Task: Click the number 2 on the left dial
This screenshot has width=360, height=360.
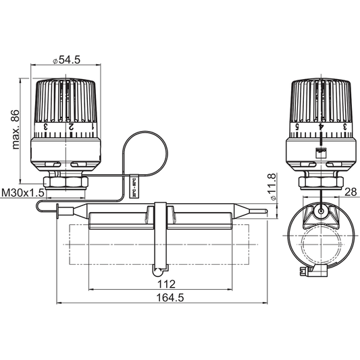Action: [71, 126]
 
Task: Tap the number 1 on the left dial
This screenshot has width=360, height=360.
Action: [92, 126]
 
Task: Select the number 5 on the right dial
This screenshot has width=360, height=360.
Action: [298, 126]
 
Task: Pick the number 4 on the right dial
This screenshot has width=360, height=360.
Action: [322, 126]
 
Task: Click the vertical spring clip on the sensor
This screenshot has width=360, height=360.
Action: [161, 236]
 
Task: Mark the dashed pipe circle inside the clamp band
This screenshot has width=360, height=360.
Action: [322, 247]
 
